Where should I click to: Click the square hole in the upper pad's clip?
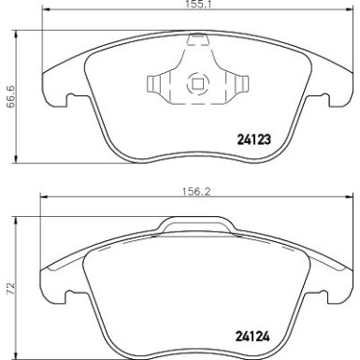(x=197, y=85)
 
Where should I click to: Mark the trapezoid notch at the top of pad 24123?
(x=197, y=40)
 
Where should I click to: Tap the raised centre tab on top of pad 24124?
(x=197, y=224)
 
